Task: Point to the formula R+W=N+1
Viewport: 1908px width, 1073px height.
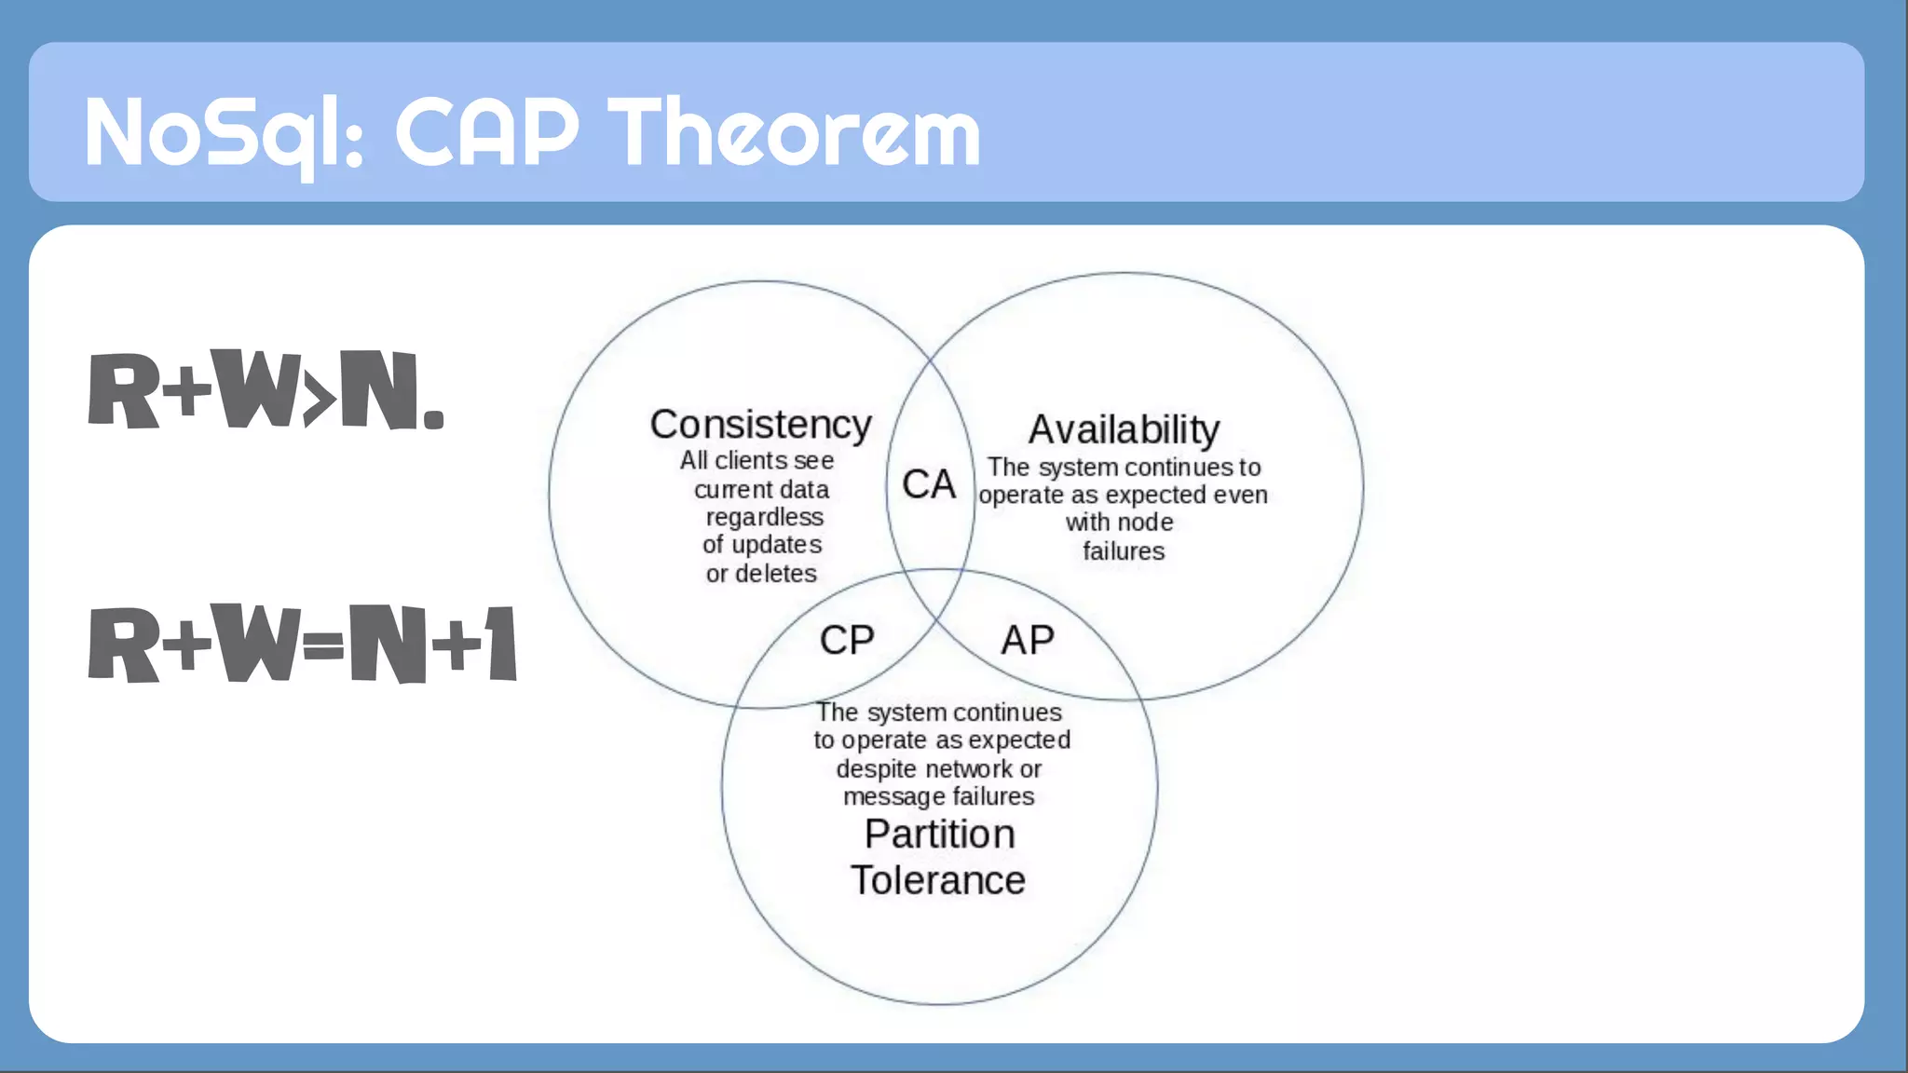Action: click(302, 644)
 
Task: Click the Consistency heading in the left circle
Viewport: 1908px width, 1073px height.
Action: click(760, 425)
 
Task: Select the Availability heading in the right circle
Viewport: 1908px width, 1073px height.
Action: click(1124, 430)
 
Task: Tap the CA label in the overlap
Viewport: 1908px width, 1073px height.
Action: click(929, 484)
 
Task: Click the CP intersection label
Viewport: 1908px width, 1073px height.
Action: click(847, 641)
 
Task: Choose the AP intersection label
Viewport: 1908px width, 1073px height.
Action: click(1028, 641)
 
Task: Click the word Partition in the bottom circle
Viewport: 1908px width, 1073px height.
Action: click(939, 834)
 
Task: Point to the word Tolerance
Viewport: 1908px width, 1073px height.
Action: click(937, 880)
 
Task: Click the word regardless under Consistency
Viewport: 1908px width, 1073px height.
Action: click(764, 517)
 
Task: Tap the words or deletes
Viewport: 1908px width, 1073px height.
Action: click(761, 574)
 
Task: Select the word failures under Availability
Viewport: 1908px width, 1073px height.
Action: click(1124, 551)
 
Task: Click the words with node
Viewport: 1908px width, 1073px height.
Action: click(1119, 523)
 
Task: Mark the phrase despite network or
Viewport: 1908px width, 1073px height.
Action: click(938, 769)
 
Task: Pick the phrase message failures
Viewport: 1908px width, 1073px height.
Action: click(938, 797)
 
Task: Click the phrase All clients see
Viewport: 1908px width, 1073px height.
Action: click(756, 460)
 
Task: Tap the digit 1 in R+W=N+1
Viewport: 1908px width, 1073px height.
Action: click(502, 644)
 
